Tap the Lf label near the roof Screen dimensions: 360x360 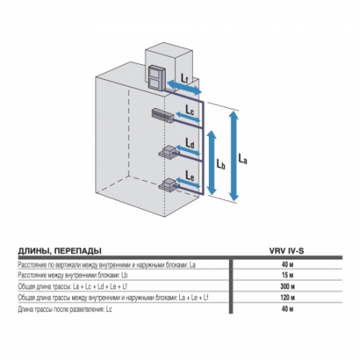point(185,78)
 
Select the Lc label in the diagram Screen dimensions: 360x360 point(190,109)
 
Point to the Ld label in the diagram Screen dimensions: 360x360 point(190,142)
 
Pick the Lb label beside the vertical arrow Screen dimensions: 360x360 point(221,162)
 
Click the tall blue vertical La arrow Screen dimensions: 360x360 point(233,156)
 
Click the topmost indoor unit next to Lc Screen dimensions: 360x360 point(160,117)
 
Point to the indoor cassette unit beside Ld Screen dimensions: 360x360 point(169,152)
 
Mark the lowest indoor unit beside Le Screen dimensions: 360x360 point(169,186)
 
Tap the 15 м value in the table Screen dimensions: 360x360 point(286,274)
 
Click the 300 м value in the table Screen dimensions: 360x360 point(286,285)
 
